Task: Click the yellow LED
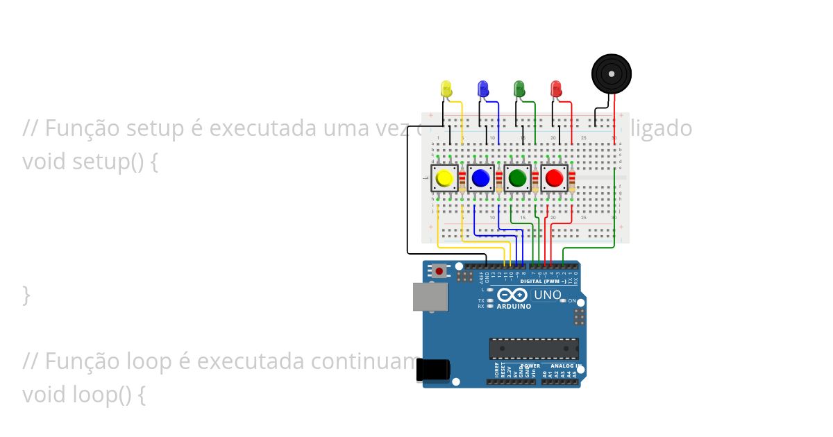click(x=446, y=88)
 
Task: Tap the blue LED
click(x=483, y=88)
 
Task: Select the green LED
click(x=519, y=88)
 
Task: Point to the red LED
click(x=555, y=88)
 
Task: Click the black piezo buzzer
click(x=612, y=73)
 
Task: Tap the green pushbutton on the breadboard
click(x=517, y=179)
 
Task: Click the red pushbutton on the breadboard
click(x=554, y=179)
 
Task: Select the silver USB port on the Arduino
click(x=430, y=296)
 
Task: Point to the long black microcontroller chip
click(x=534, y=348)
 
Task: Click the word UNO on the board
click(x=547, y=295)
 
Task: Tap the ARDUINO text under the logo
click(x=514, y=306)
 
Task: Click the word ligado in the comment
click(x=665, y=128)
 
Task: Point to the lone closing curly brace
click(x=26, y=295)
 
